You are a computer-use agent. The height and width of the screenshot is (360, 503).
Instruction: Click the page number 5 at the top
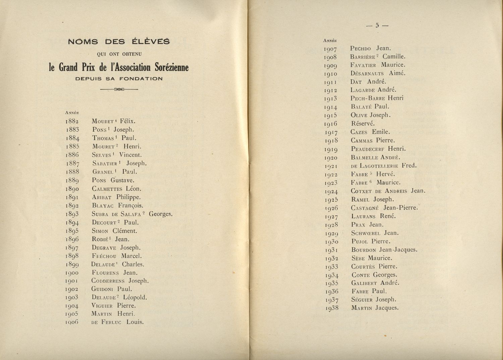(x=377, y=25)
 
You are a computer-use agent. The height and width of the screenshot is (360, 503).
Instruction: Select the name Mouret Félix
(x=114, y=121)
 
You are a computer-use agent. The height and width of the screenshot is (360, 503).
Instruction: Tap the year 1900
(x=72, y=273)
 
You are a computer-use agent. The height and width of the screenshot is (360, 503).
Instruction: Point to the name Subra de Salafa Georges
(x=132, y=214)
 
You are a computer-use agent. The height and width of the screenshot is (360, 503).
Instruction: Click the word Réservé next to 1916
(x=363, y=123)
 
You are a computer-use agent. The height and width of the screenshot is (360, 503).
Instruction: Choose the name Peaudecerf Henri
(x=378, y=149)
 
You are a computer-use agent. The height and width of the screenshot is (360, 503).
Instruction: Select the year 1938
(x=332, y=308)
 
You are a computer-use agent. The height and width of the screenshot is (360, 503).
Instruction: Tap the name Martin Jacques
(x=375, y=308)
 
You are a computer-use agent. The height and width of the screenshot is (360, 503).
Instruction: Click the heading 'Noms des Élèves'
(x=119, y=42)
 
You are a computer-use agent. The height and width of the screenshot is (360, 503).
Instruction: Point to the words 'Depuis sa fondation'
(x=119, y=79)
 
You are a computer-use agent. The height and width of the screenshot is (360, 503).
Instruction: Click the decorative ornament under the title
(x=119, y=89)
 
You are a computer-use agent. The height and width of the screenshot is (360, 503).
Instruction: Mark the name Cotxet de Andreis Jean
(x=388, y=191)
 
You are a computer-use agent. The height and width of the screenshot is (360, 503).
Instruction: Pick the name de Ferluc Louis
(x=117, y=322)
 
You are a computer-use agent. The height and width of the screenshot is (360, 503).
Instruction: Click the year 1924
(x=331, y=191)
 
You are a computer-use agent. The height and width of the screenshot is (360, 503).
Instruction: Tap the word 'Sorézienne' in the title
(x=171, y=67)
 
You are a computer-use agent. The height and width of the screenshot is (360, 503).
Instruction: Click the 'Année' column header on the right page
(x=330, y=41)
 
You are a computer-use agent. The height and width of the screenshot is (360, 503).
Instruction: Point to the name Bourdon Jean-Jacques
(x=384, y=250)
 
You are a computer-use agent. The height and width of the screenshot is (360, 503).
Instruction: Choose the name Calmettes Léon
(x=116, y=189)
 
